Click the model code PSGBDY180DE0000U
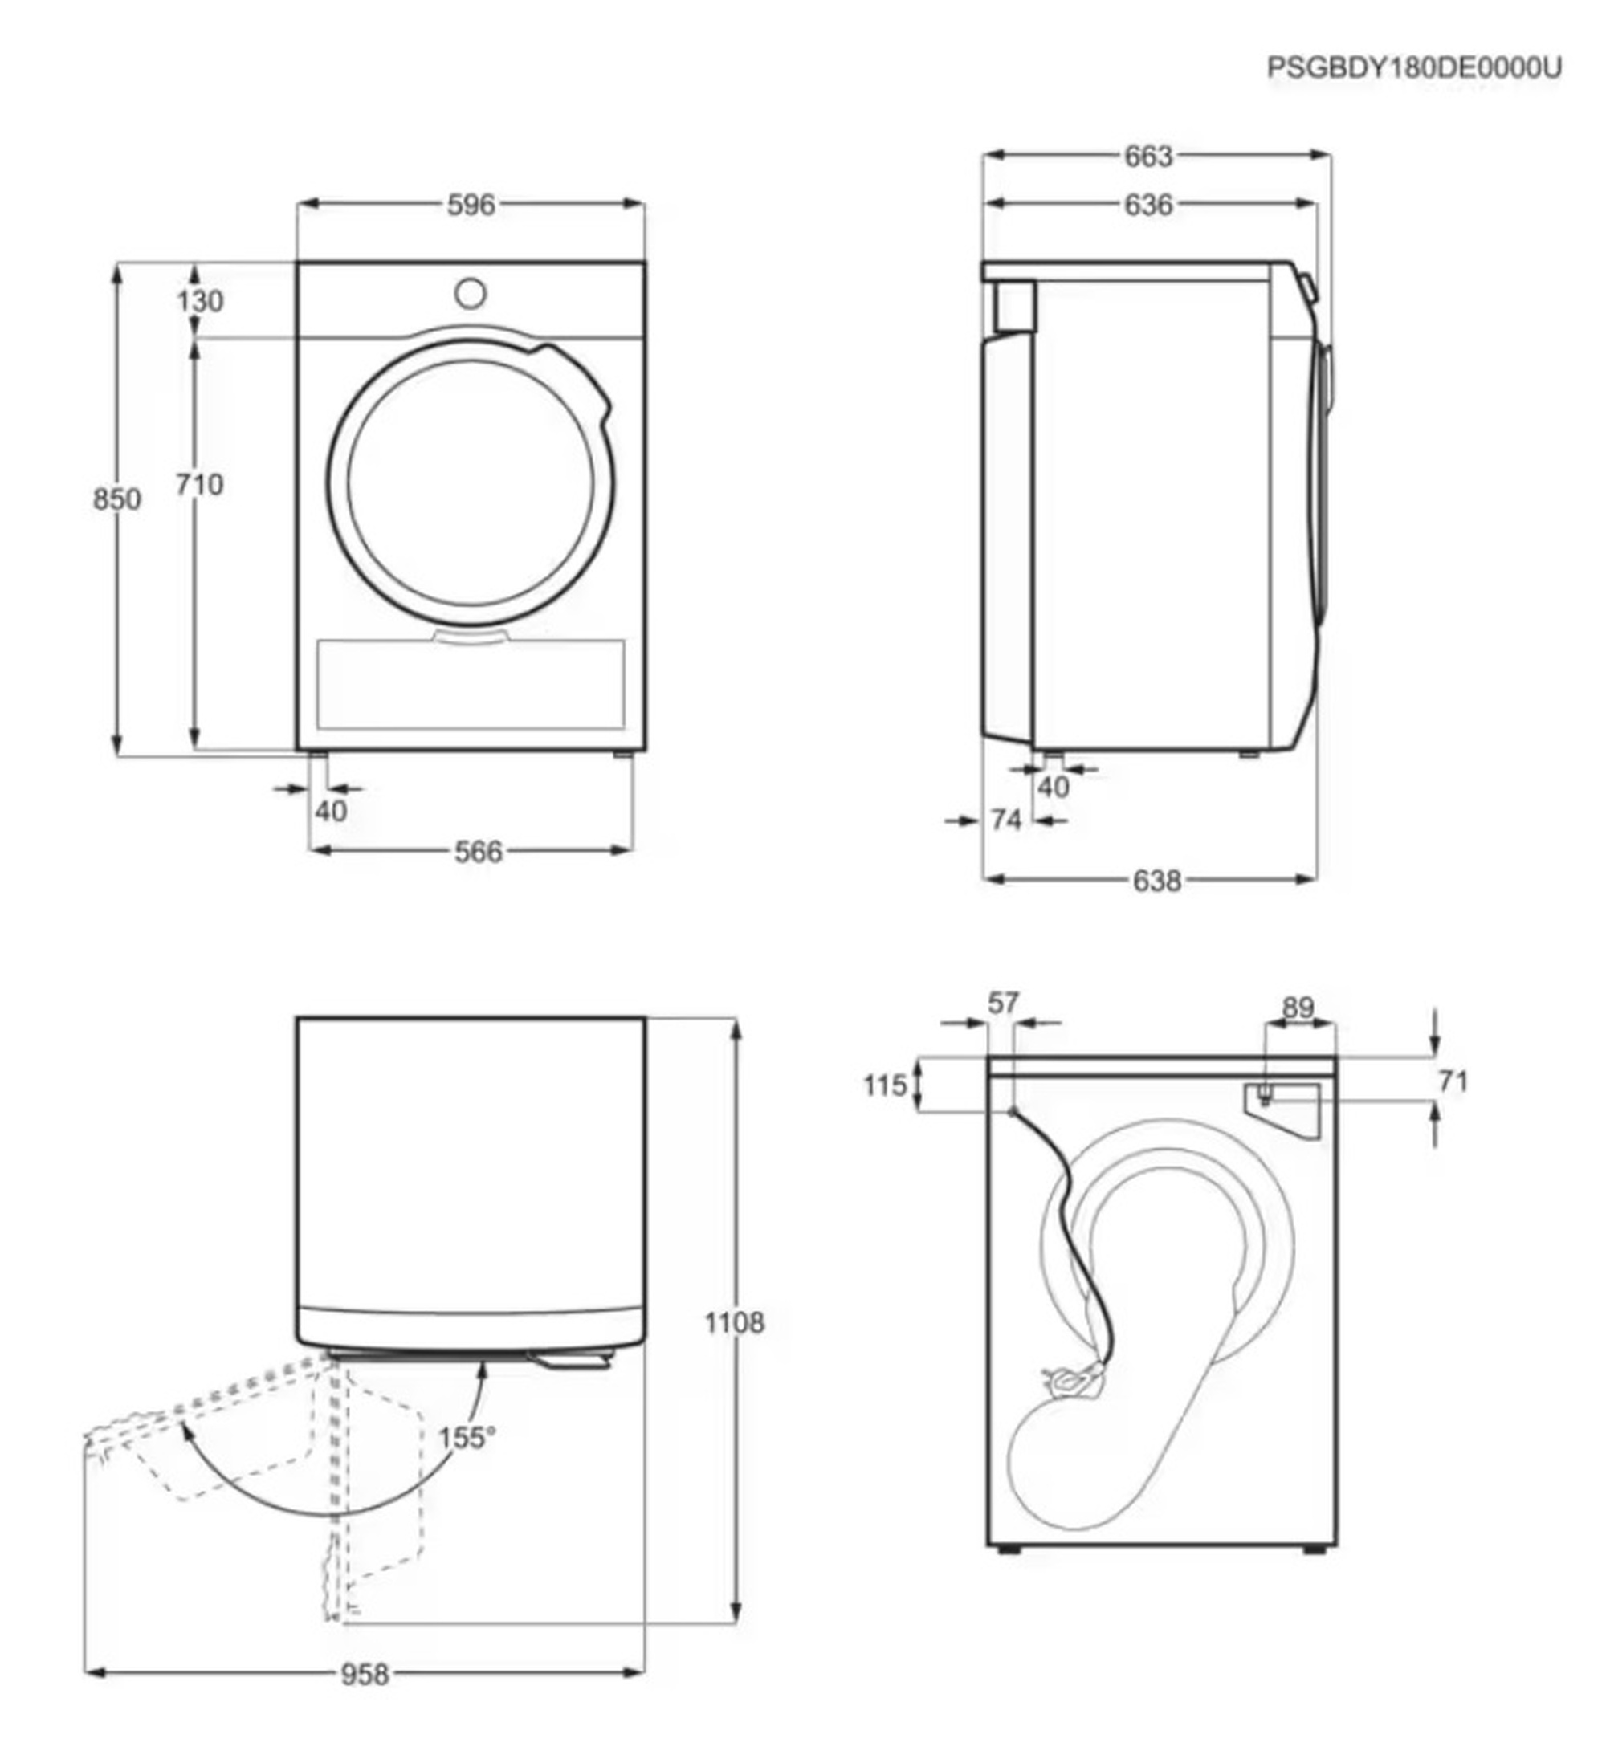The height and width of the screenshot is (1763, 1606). pyautogui.click(x=1413, y=68)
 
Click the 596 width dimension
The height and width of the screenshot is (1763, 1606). pyautogui.click(x=471, y=205)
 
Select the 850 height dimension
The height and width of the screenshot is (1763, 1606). pyautogui.click(x=116, y=499)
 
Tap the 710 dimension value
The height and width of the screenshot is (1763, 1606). pyautogui.click(x=199, y=483)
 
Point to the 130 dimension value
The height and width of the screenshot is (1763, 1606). pyautogui.click(x=200, y=301)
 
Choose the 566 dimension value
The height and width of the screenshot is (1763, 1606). pyautogui.click(x=479, y=852)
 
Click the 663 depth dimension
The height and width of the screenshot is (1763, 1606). pyautogui.click(x=1147, y=157)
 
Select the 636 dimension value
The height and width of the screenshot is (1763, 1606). pyautogui.click(x=1147, y=205)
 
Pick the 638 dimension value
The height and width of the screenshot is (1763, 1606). pyautogui.click(x=1156, y=881)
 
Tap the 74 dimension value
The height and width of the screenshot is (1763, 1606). pyautogui.click(x=1006, y=820)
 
